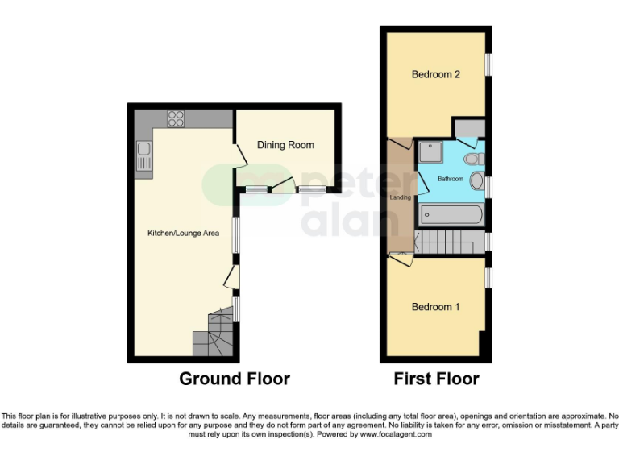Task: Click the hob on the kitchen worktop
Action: click(176, 119)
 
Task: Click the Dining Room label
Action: click(285, 145)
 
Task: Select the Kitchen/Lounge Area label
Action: click(183, 234)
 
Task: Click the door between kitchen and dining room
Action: click(239, 156)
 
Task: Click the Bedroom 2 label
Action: click(435, 74)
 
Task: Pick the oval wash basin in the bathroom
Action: click(476, 180)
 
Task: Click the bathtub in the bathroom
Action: click(451, 215)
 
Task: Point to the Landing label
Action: click(400, 197)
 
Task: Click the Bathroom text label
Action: click(451, 179)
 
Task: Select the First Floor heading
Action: click(436, 379)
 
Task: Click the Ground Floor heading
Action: click(234, 379)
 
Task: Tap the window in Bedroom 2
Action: click(488, 64)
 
